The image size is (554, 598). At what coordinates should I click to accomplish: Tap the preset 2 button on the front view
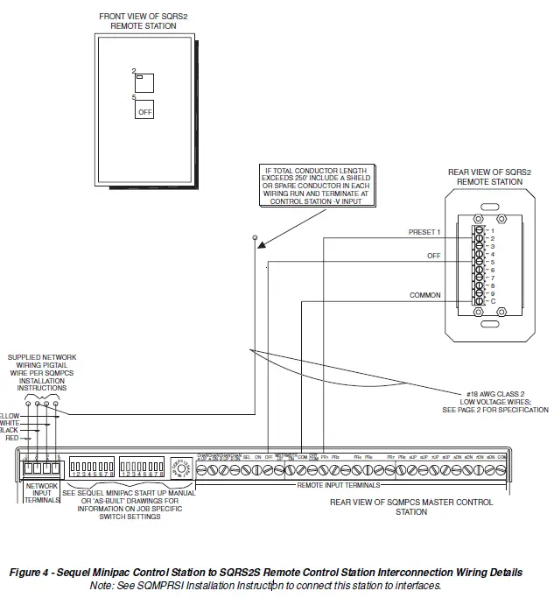pos(144,81)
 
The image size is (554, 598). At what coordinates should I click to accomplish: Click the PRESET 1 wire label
pos(425,232)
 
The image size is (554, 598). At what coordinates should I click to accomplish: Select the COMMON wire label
pos(425,296)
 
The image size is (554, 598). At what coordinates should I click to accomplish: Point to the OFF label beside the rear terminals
pos(433,256)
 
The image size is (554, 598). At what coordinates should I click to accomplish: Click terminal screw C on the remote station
pos(479,302)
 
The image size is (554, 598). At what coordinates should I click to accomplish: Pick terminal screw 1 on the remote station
pos(479,230)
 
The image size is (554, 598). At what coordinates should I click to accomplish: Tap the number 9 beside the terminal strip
pos(493,294)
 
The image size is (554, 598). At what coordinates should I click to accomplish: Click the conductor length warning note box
pos(316,186)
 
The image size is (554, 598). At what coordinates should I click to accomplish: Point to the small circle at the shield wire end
pos(255,238)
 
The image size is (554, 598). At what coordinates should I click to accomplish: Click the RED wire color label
pos(11,438)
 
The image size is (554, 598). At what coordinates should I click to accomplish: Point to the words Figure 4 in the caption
pos(32,572)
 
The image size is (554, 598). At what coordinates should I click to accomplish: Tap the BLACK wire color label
pos(9,430)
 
